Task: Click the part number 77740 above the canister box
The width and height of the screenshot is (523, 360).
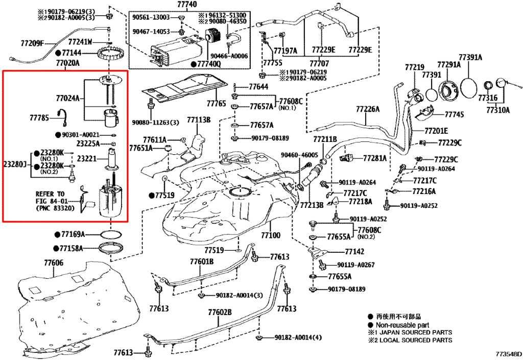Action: click(x=187, y=4)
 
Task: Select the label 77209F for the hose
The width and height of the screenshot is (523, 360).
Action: click(x=32, y=43)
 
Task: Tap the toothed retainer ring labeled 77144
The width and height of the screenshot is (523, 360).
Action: click(x=111, y=53)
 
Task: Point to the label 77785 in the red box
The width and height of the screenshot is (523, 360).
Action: click(x=39, y=118)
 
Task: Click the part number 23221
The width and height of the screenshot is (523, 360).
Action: click(x=86, y=159)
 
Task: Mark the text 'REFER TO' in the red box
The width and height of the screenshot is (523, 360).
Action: click(x=50, y=194)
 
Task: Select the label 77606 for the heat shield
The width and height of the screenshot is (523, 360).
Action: click(x=53, y=263)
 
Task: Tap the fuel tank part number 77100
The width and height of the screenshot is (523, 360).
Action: click(x=271, y=235)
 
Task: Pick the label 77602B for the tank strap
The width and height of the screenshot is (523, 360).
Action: click(x=220, y=311)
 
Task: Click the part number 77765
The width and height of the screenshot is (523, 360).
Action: click(x=216, y=104)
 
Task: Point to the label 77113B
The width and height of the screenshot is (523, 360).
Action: click(x=198, y=120)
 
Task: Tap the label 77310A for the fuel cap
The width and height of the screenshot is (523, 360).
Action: click(x=497, y=109)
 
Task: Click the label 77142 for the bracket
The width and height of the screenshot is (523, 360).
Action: click(x=354, y=252)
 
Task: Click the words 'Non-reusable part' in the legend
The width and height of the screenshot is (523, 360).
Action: click(x=402, y=325)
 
